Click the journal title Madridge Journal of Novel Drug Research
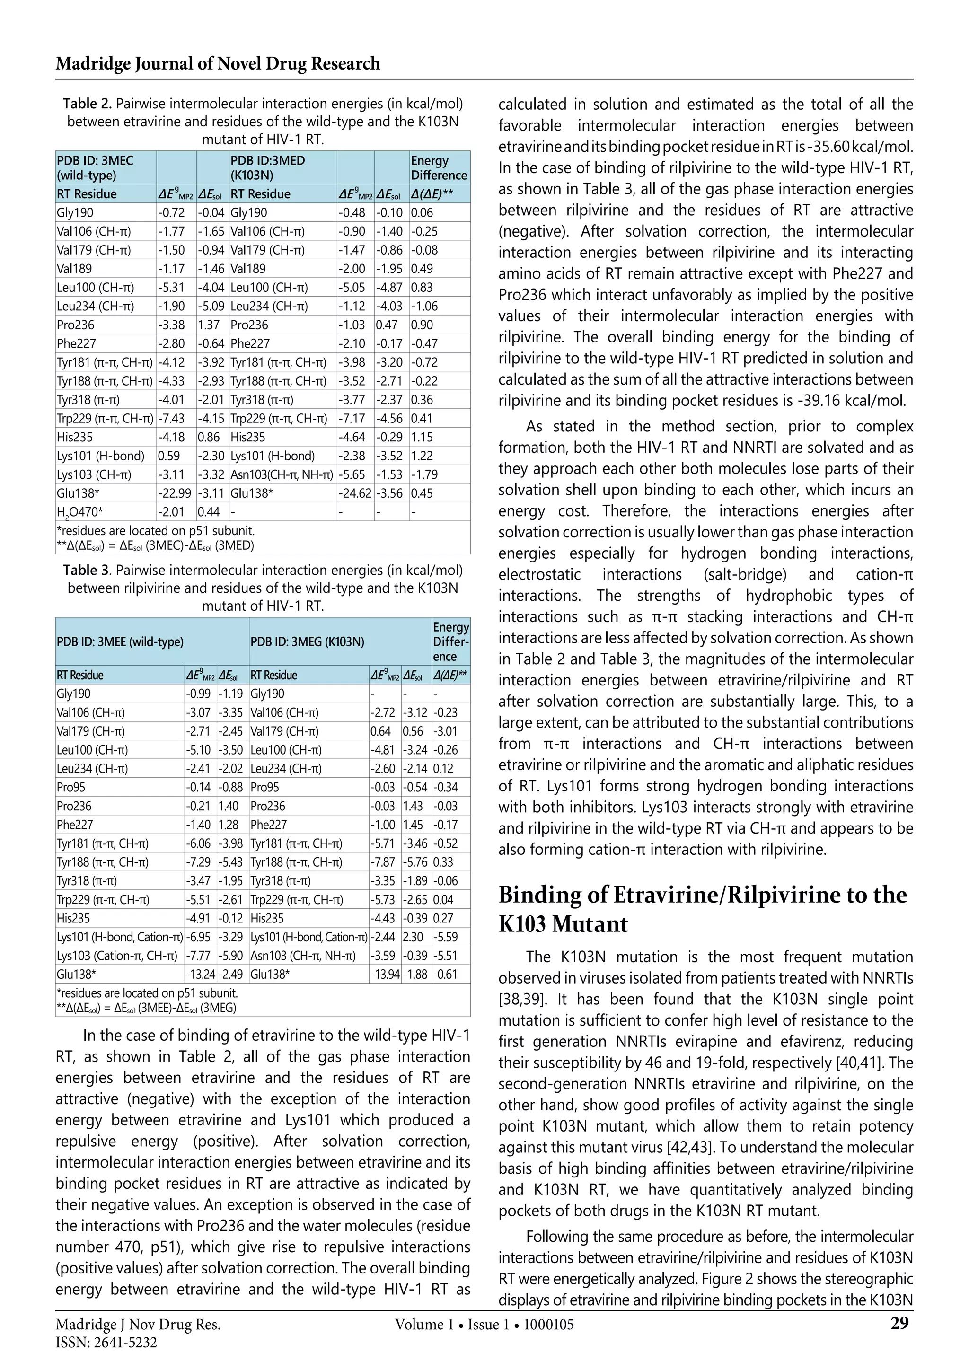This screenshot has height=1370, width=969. [218, 63]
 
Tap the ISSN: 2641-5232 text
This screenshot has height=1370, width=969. [106, 1343]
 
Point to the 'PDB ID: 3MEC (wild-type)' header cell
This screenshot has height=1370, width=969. [96, 167]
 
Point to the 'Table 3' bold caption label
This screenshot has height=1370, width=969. [87, 571]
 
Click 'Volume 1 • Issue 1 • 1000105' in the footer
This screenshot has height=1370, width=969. [484, 1325]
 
